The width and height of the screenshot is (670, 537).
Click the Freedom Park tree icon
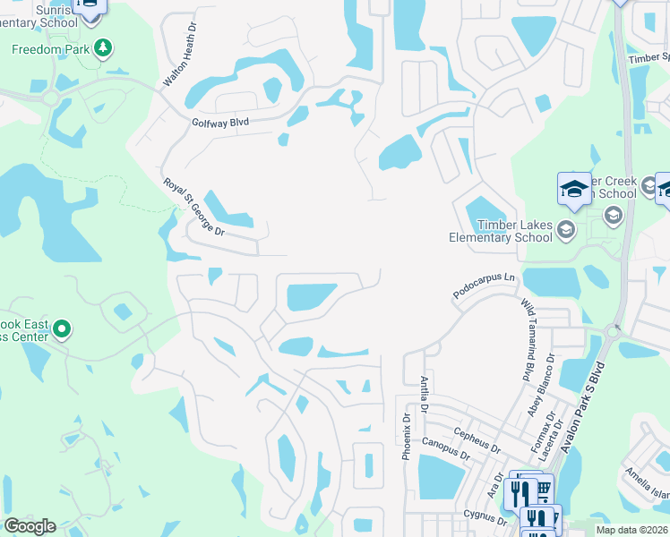(104, 47)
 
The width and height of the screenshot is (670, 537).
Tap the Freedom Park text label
(50, 49)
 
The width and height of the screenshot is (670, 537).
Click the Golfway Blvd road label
(219, 123)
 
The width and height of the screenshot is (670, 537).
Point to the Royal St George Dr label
(193, 207)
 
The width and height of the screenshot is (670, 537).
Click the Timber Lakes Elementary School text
(501, 231)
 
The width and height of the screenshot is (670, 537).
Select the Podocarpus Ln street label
(485, 286)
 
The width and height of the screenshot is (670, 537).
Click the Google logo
(29, 526)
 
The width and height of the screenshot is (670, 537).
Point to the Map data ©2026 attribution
(632, 530)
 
